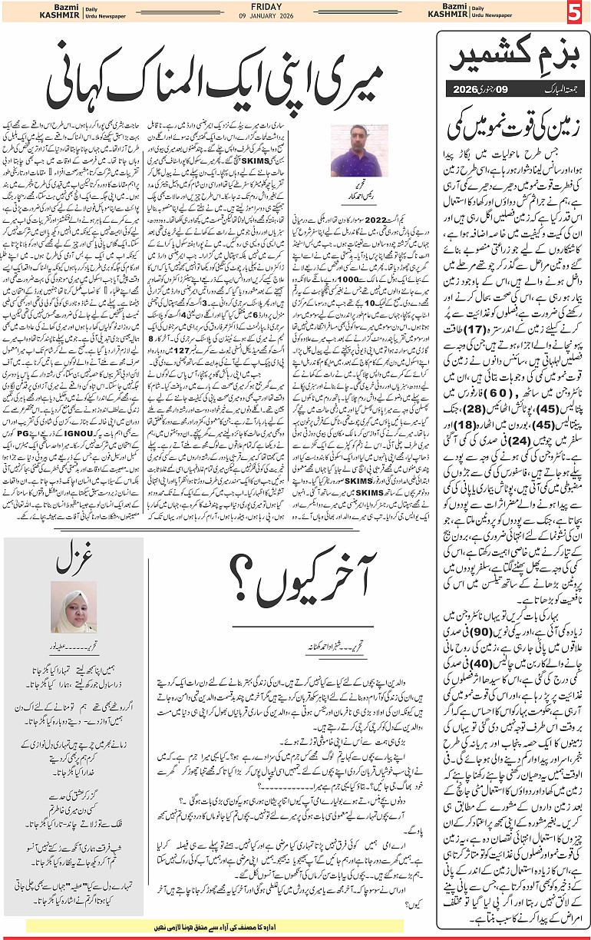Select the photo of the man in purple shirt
pos(358,150)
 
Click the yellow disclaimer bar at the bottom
pos(214,925)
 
